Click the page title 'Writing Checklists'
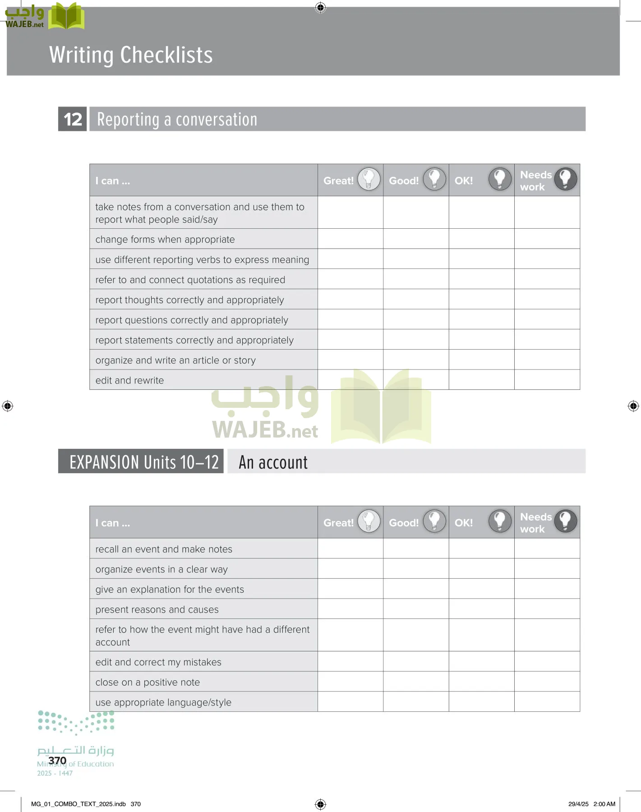tap(131, 55)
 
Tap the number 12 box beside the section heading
tap(73, 120)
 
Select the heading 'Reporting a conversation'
tap(177, 120)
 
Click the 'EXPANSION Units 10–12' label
tap(143, 462)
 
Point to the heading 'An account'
tap(273, 462)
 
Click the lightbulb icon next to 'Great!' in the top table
tap(369, 179)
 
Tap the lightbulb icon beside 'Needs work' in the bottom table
tap(565, 521)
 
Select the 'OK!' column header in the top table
tap(464, 181)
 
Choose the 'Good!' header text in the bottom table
tap(404, 523)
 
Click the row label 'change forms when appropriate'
tap(165, 240)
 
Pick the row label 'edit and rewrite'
tap(129, 380)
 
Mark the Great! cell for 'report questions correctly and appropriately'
tap(350, 319)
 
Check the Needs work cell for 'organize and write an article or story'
tap(547, 360)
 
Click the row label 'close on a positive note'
tap(148, 683)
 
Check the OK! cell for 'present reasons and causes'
tap(481, 609)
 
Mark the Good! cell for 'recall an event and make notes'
tap(416, 549)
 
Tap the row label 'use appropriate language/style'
tap(163, 702)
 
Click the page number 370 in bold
tap(57, 761)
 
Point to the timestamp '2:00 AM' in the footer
tap(604, 804)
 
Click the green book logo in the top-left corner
tap(66, 16)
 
